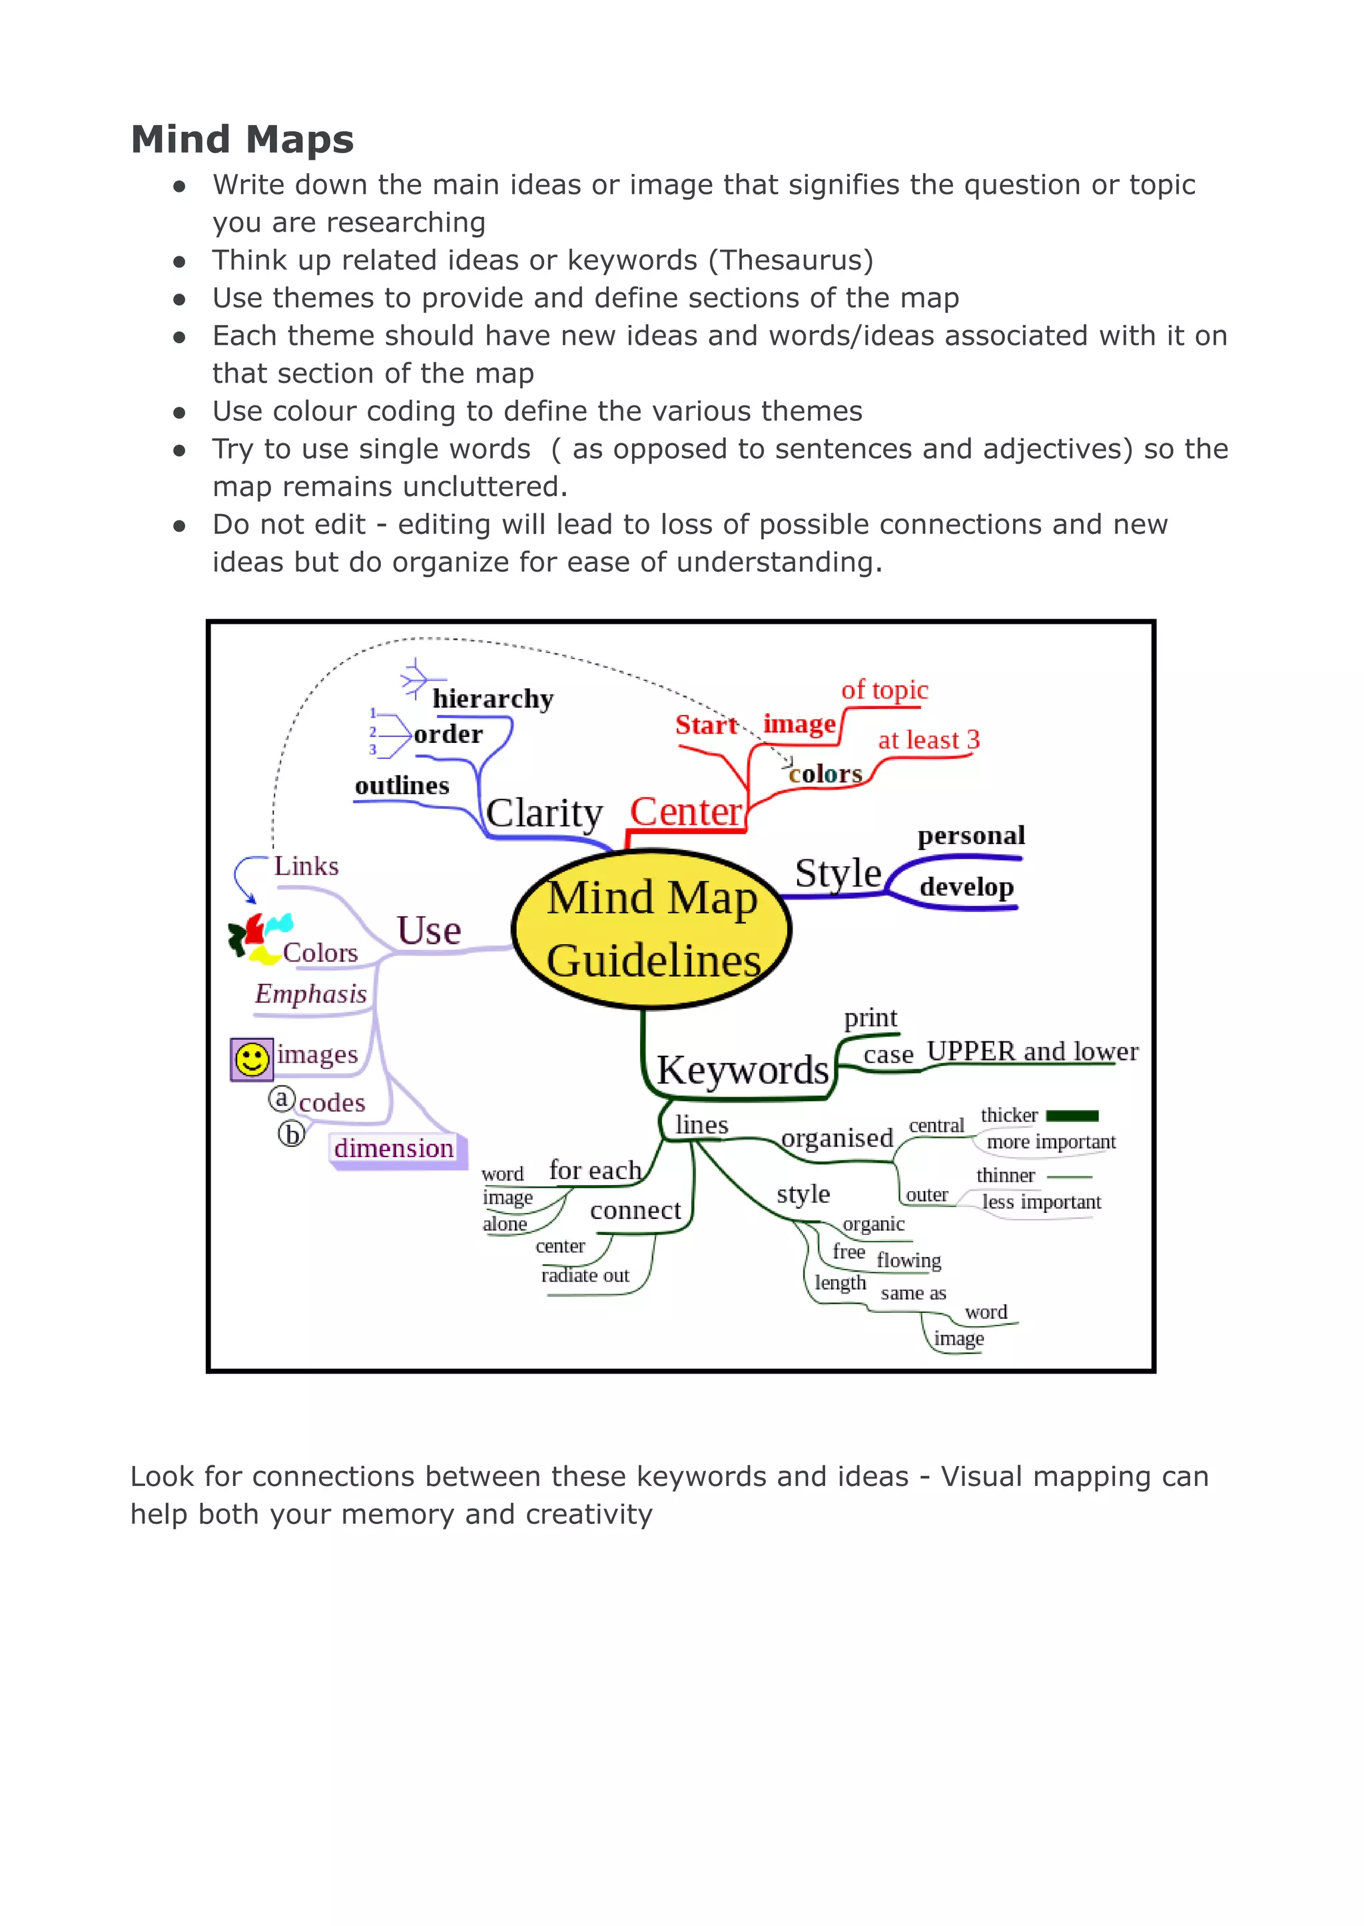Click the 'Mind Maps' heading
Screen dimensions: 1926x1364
coord(242,139)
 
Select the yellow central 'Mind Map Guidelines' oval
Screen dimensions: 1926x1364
coord(652,929)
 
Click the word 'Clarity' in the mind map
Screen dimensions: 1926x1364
coord(544,813)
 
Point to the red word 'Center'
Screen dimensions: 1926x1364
coord(685,812)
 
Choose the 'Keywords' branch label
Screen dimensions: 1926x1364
coord(743,1070)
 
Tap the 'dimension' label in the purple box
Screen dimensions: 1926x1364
coord(394,1148)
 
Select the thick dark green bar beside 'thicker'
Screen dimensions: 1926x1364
coord(1072,1116)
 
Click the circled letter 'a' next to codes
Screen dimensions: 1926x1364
coord(281,1098)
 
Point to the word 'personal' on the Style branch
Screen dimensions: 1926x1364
coord(971,836)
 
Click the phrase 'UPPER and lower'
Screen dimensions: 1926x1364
coord(1032,1051)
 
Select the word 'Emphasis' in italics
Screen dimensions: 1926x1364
coord(311,994)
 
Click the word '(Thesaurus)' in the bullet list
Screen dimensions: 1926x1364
coord(791,260)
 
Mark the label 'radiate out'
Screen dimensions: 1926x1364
coord(585,1276)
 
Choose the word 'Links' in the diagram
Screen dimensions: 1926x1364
coord(306,865)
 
